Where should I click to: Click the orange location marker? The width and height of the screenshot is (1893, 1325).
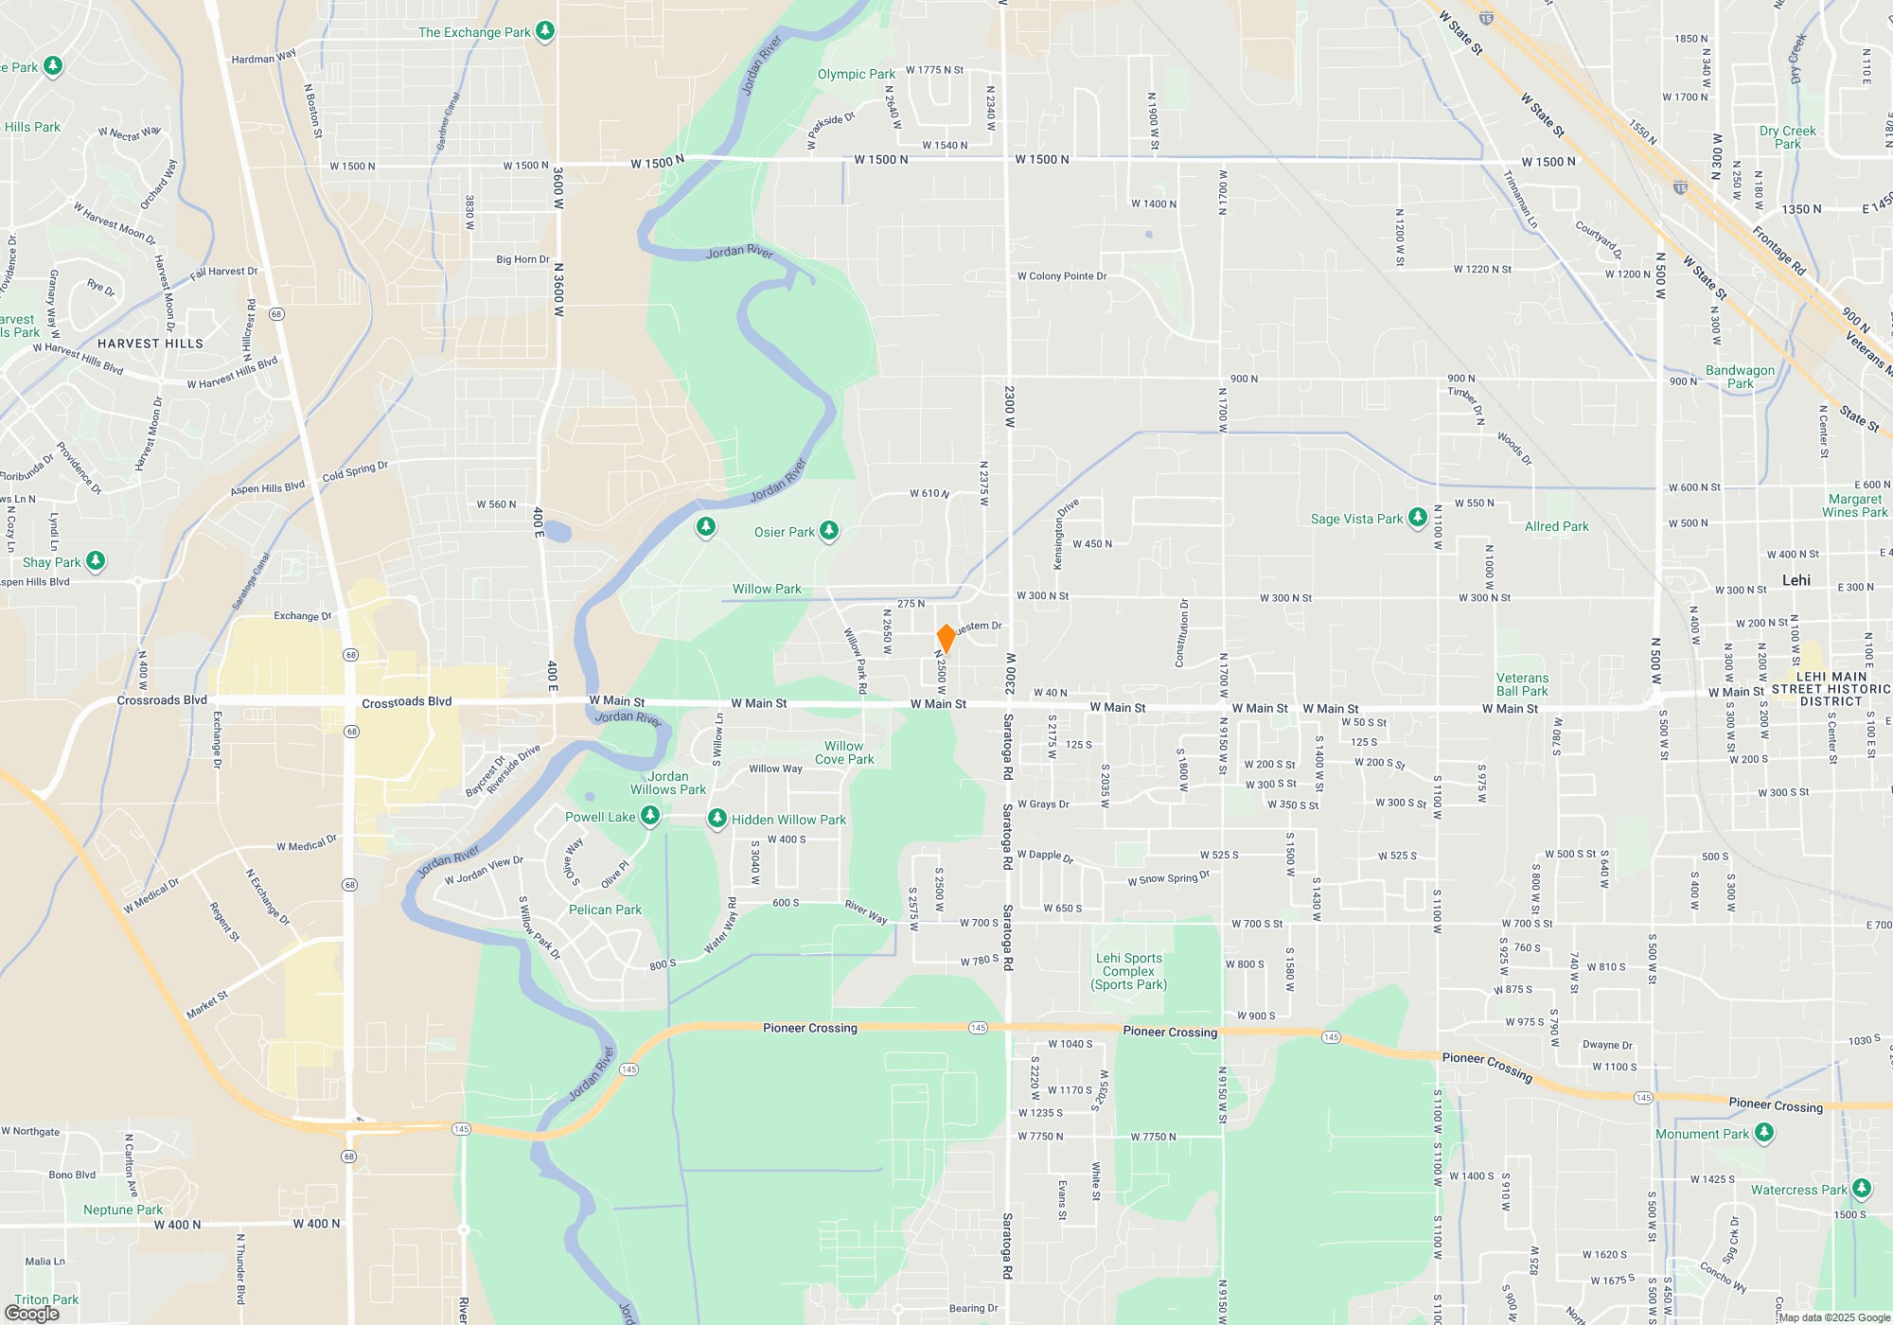pos(946,638)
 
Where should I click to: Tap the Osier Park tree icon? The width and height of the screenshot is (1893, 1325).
pos(829,531)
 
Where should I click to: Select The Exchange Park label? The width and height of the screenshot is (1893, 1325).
pos(474,32)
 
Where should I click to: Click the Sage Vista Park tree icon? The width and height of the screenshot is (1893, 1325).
pos(1417,518)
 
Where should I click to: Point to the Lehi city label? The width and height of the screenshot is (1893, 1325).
pos(1796,580)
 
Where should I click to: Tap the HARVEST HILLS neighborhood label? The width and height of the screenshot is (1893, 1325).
pos(150,344)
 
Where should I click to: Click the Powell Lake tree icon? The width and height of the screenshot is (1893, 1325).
pos(650,816)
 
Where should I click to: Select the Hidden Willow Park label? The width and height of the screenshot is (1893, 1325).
pos(788,820)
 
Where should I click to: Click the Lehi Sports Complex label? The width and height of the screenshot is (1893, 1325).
pos(1128,971)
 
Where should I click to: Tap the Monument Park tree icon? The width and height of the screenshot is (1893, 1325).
pos(1763,1133)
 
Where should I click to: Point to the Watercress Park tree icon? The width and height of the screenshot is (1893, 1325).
pos(1862,1189)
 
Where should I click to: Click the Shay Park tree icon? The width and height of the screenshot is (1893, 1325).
pos(96,561)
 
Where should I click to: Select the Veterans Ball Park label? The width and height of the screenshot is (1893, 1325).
pos(1522,684)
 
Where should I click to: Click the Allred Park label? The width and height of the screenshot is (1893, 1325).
pos(1556,526)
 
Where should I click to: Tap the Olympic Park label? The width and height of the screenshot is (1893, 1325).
pos(856,74)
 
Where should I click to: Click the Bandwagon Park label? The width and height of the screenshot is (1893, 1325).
pos(1740,377)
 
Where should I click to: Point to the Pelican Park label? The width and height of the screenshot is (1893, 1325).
pos(605,910)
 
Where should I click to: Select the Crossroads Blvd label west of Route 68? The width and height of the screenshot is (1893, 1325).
pos(162,700)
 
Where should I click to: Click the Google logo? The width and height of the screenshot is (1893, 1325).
pos(32,1314)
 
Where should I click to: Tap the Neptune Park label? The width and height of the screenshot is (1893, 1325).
pos(123,1210)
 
